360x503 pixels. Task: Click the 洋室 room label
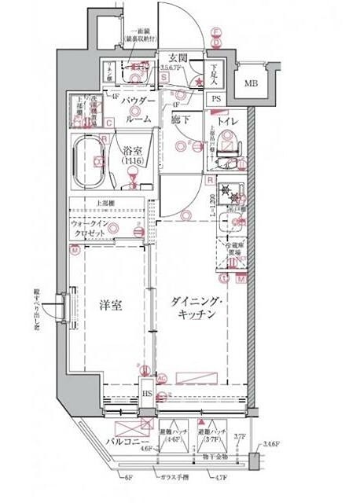click(x=111, y=306)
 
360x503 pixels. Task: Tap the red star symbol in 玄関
click(x=200, y=80)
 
